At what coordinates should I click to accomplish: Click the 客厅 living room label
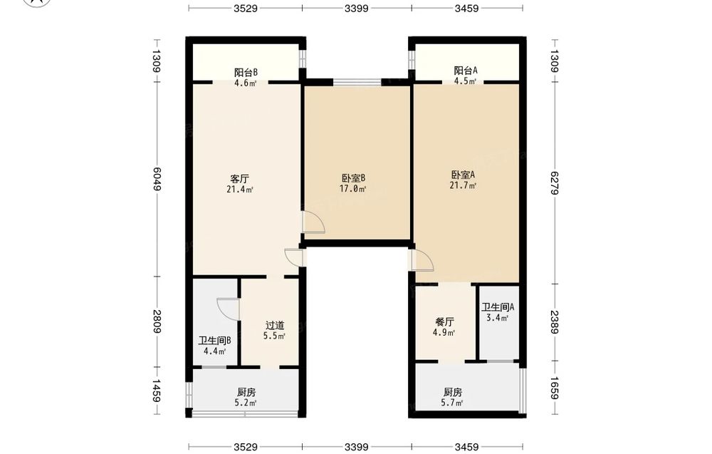click(x=240, y=179)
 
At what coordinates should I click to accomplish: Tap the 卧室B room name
click(x=353, y=178)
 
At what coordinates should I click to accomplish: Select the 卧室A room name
click(x=463, y=175)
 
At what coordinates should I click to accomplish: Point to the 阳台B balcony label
click(x=246, y=72)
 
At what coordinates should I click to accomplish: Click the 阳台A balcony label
click(x=466, y=71)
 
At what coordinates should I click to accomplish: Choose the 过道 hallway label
click(x=275, y=326)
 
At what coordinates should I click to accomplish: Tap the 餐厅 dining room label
click(x=444, y=321)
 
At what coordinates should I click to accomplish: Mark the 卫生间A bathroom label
click(x=498, y=307)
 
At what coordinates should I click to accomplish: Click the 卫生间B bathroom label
click(x=215, y=341)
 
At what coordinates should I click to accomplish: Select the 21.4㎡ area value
click(x=240, y=190)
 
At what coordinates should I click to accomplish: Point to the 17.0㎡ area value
click(x=353, y=189)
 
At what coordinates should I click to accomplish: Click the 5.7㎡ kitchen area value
click(x=452, y=403)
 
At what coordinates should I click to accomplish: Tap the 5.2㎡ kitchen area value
click(x=246, y=403)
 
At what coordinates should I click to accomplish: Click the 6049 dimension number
click(x=157, y=179)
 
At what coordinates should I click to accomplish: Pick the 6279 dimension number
click(x=554, y=182)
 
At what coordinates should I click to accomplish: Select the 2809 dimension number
click(x=157, y=321)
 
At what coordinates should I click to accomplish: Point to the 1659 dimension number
click(x=554, y=388)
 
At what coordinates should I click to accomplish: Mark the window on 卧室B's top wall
click(x=357, y=82)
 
